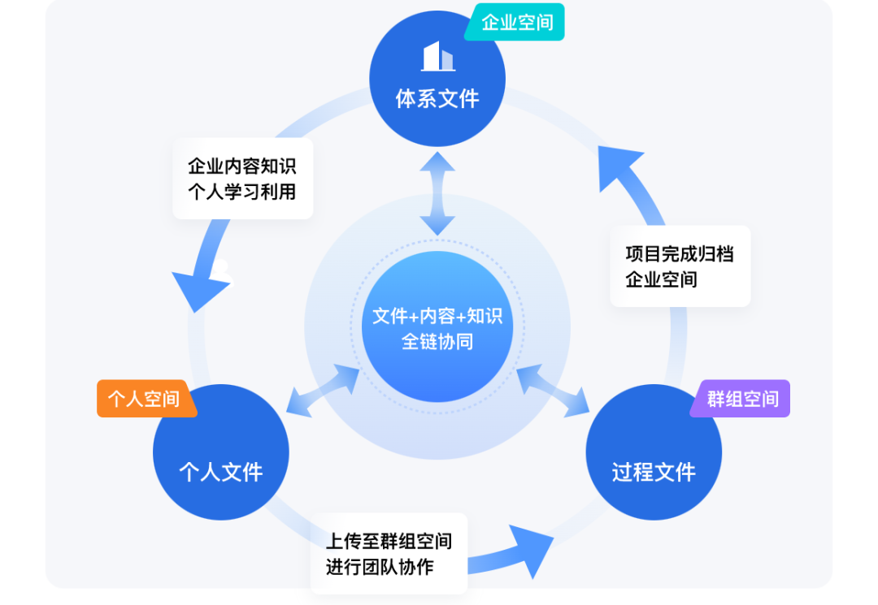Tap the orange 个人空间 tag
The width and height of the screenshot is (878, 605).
(144, 399)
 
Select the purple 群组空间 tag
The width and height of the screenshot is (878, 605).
(742, 399)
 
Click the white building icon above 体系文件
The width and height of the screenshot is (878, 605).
(437, 56)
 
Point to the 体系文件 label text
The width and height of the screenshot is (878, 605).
(437, 99)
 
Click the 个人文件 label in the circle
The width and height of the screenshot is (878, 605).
(221, 472)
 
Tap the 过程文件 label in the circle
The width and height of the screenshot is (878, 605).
(654, 472)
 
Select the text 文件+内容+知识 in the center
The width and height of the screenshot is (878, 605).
(437, 316)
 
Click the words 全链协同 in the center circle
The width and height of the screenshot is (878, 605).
(437, 341)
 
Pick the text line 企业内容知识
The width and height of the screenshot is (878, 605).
(242, 166)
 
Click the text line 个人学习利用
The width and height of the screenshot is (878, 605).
(242, 192)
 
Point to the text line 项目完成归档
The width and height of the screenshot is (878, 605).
(680, 253)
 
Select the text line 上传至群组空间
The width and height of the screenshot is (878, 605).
(389, 541)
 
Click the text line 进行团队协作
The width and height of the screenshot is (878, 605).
(380, 567)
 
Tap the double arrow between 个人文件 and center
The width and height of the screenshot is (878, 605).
(324, 391)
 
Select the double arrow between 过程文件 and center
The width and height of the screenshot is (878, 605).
(553, 391)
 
